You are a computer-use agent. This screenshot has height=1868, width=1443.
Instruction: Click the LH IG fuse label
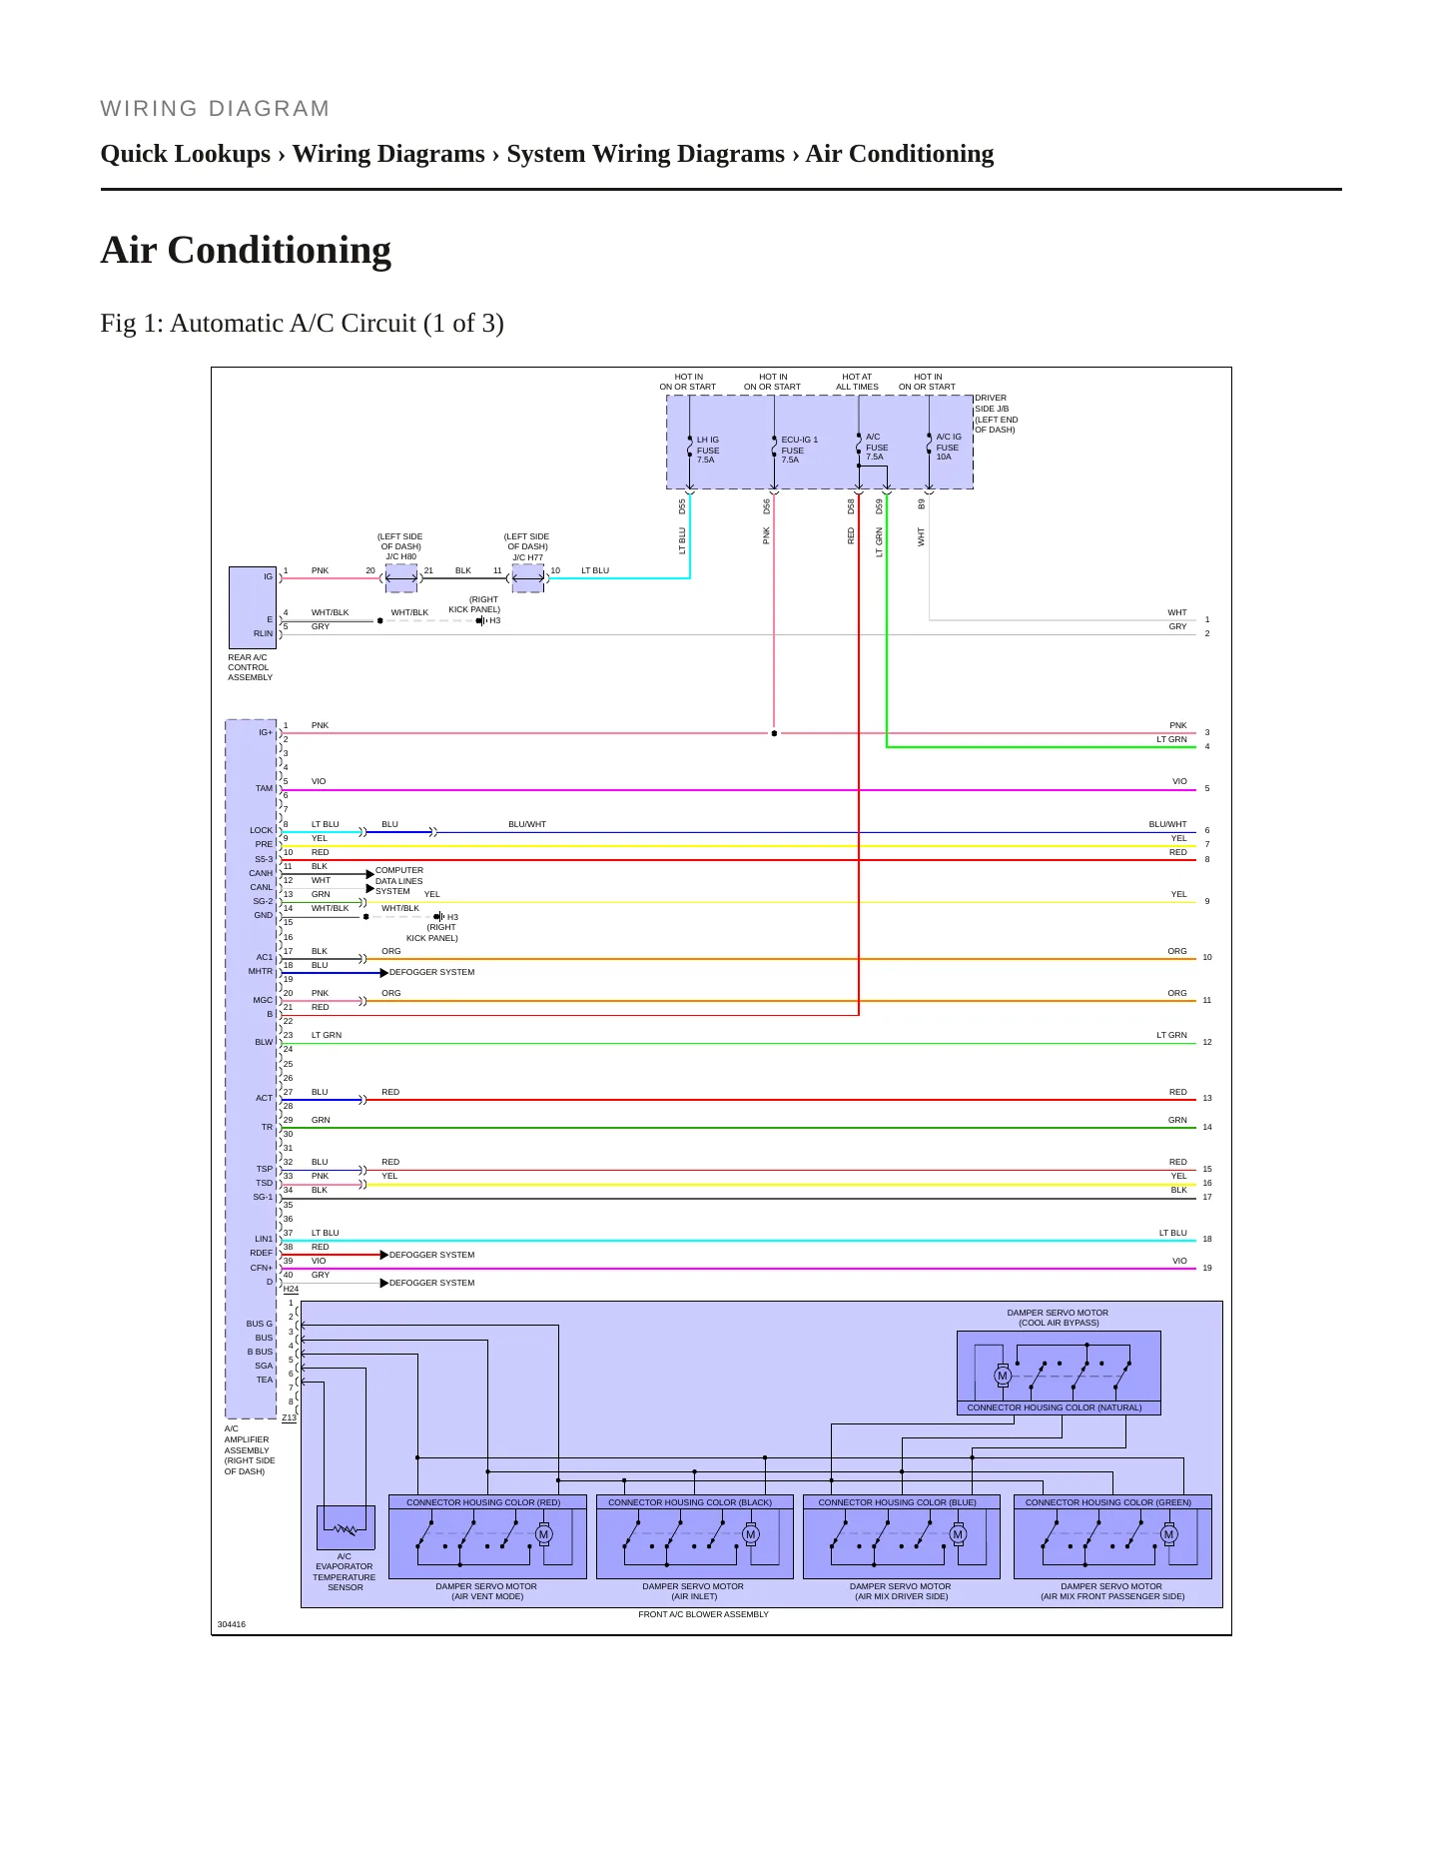click(708, 450)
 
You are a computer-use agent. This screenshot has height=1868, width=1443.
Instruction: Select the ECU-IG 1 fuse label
click(799, 450)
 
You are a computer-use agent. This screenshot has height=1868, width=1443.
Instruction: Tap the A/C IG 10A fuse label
click(949, 447)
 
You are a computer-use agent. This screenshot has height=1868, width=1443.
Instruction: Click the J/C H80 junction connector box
click(401, 578)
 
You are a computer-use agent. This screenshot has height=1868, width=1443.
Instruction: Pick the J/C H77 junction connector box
click(528, 578)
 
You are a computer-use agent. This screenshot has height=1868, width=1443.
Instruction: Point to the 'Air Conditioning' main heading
click(246, 250)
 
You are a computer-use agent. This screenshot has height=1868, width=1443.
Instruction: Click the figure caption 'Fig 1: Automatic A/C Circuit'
click(302, 324)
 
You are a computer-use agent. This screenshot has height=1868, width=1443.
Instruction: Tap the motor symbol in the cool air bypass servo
click(1003, 1376)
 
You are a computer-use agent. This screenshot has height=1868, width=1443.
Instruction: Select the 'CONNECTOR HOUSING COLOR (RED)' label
click(483, 1502)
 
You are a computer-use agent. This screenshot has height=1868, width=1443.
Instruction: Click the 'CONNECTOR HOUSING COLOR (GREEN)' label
click(1108, 1502)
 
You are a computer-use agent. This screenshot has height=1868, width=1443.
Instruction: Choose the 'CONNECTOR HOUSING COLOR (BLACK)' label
click(690, 1502)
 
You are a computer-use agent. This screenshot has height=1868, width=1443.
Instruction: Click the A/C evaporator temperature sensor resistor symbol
click(346, 1528)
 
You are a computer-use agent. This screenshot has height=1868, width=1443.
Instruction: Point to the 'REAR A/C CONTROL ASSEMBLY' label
click(250, 667)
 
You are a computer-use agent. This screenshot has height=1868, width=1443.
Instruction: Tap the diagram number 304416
click(232, 1624)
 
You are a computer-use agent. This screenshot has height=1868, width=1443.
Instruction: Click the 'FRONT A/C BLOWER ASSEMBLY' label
click(704, 1614)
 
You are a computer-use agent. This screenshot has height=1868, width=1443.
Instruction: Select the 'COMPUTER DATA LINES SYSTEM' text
click(399, 881)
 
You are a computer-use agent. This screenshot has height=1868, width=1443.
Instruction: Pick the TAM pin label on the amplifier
click(264, 788)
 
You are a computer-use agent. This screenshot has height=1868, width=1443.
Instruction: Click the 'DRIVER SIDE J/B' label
click(996, 414)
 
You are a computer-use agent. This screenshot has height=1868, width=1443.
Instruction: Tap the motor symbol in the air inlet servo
click(751, 1534)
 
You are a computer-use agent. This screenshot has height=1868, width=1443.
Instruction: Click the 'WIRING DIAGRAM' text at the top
click(215, 109)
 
